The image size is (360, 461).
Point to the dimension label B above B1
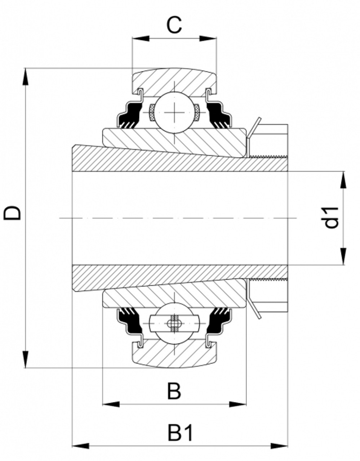pyautogui.click(x=174, y=391)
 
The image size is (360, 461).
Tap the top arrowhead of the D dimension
pyautogui.click(x=25, y=77)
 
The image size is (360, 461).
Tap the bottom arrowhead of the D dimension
pyautogui.click(x=25, y=359)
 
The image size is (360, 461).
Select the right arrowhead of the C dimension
pyautogui.click(x=208, y=38)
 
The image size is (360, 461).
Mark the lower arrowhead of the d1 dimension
pyautogui.click(x=343, y=256)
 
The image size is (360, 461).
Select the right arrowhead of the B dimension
pyautogui.click(x=238, y=404)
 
